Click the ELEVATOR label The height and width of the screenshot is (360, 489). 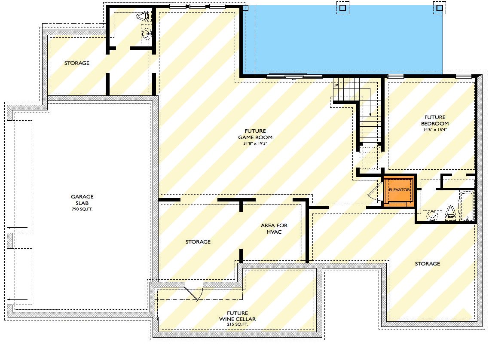(x=399, y=189)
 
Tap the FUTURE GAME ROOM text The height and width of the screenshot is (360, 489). (x=255, y=134)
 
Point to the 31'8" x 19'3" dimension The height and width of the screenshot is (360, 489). (x=255, y=143)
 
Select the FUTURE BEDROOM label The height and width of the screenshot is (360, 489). (x=435, y=120)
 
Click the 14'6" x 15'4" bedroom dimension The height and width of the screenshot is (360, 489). (x=435, y=129)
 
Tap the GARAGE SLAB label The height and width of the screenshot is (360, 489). (x=82, y=200)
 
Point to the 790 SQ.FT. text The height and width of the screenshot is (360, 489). (x=82, y=209)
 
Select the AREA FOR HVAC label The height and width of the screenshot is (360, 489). (x=274, y=229)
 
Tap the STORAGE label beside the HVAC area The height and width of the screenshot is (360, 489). (x=198, y=242)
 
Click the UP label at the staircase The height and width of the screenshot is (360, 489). (x=336, y=85)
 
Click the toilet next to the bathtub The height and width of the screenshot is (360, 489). (x=450, y=212)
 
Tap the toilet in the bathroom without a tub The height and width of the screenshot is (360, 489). (x=142, y=17)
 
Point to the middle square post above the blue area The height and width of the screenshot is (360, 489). (x=342, y=8)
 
